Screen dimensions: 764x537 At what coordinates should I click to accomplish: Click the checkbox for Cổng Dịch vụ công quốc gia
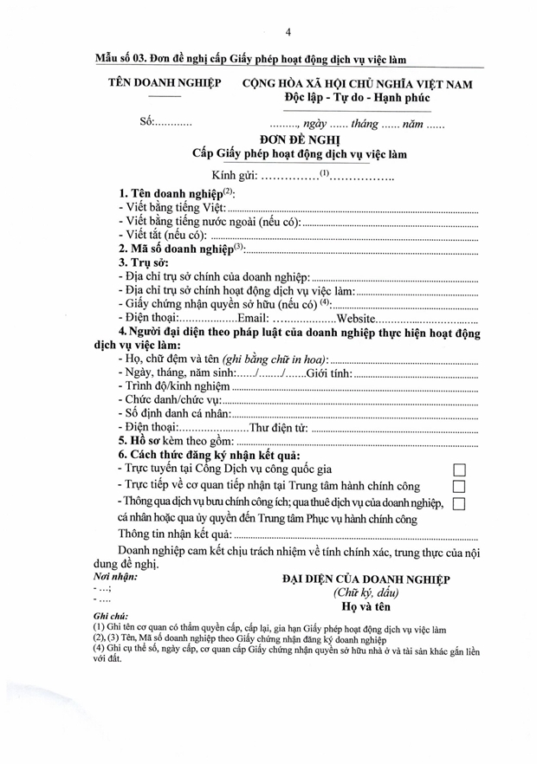click(x=460, y=469)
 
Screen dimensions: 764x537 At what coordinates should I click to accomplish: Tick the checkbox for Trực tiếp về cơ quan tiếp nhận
click(x=460, y=487)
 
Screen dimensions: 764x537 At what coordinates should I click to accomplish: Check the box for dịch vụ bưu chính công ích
click(x=460, y=504)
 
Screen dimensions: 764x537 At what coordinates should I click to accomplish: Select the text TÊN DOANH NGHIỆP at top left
click(x=164, y=83)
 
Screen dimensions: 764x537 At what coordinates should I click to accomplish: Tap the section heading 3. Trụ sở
click(x=144, y=262)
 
